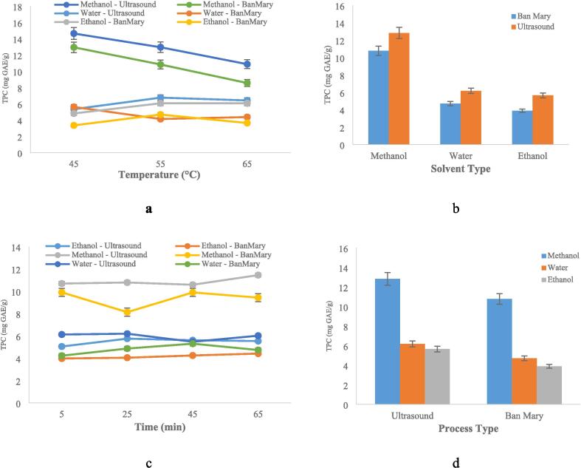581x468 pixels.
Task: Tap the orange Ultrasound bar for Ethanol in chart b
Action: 543,120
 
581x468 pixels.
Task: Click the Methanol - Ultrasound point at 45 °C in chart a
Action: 74,33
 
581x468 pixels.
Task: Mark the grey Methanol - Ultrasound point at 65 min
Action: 258,275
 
